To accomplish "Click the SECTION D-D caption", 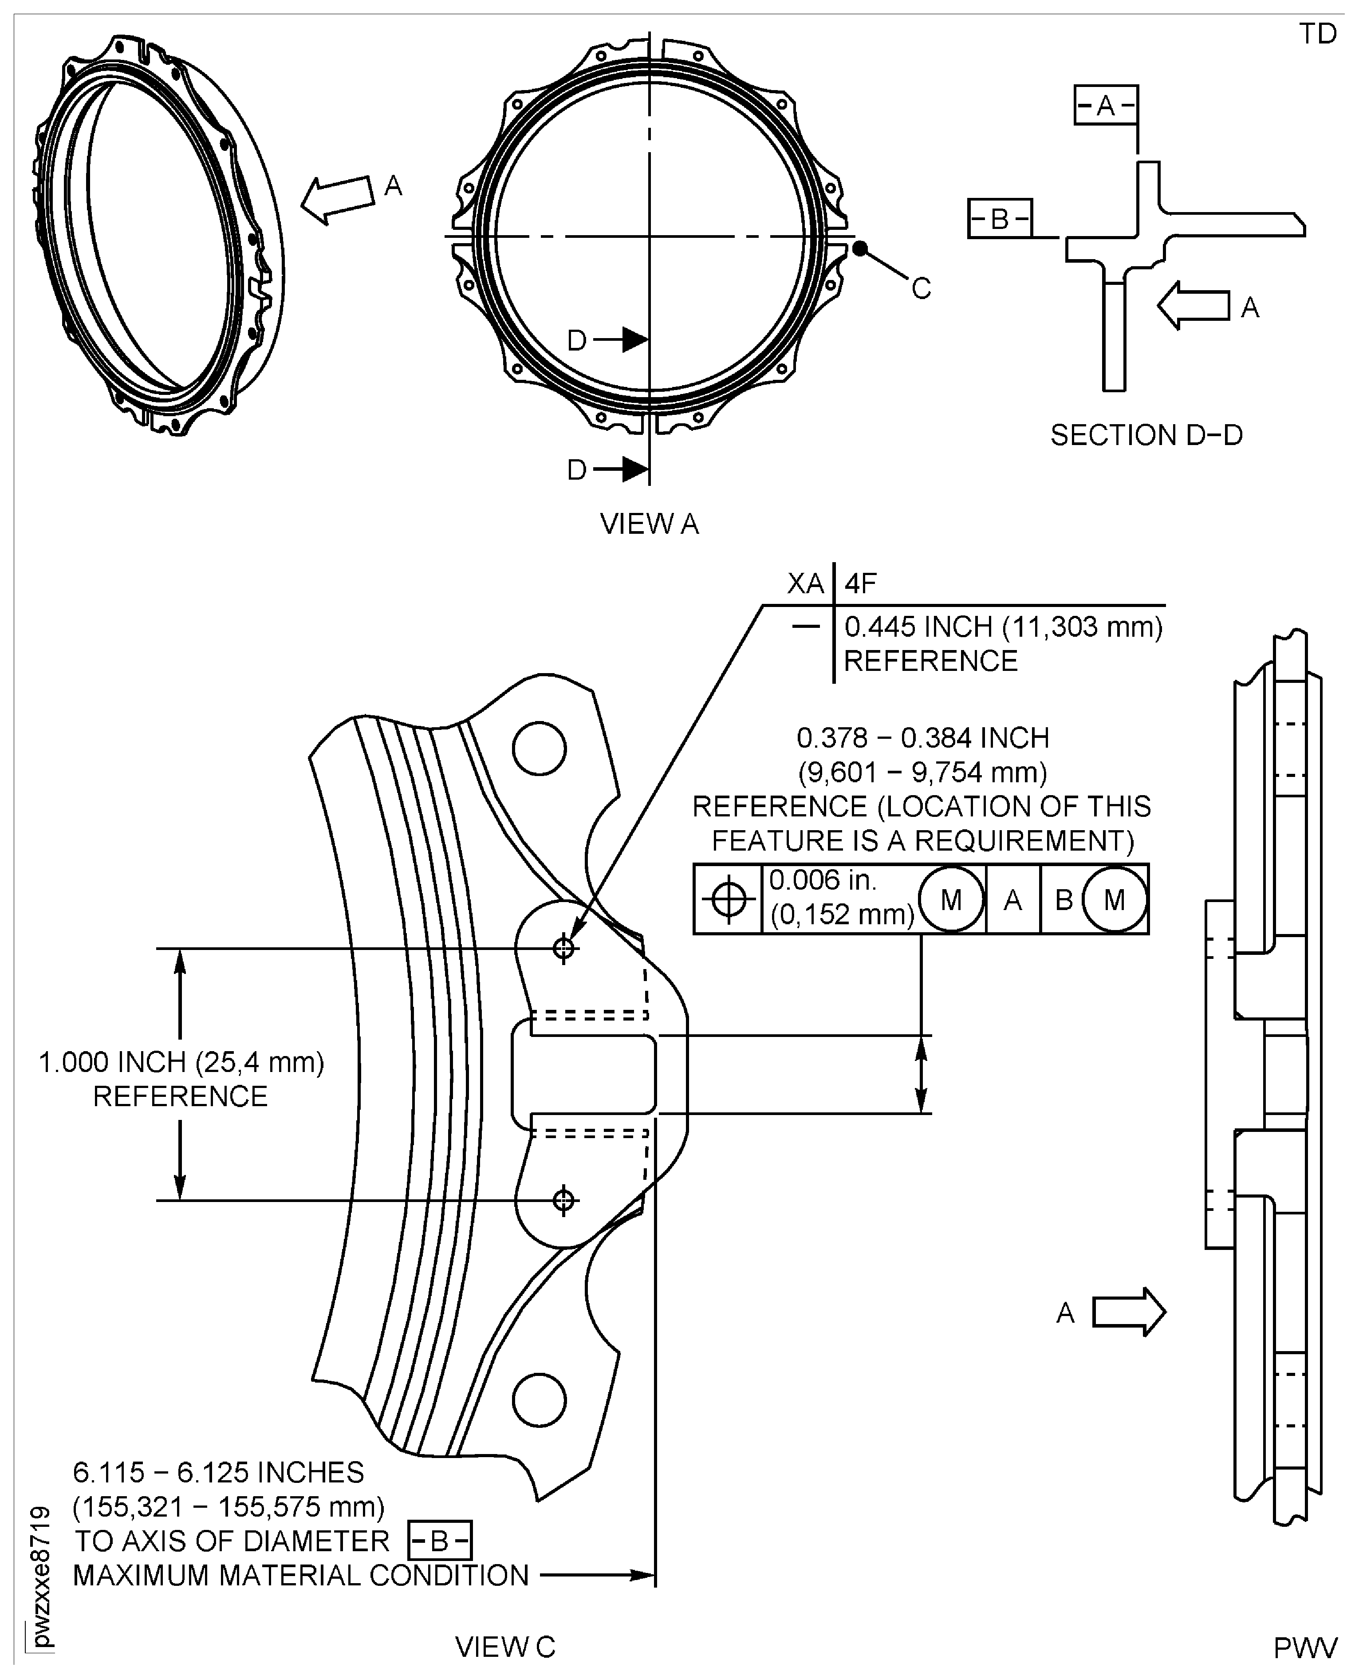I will (x=1146, y=435).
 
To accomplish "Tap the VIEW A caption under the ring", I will (x=649, y=524).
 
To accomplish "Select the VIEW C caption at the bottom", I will (x=505, y=1647).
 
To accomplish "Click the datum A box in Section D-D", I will (x=1105, y=105).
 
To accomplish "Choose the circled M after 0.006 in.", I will (x=951, y=899).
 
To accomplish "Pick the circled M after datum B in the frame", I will (x=1114, y=899).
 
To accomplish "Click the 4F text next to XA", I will (x=860, y=583).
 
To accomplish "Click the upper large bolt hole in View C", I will (x=540, y=748).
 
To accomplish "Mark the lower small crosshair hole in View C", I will (x=563, y=1200).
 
